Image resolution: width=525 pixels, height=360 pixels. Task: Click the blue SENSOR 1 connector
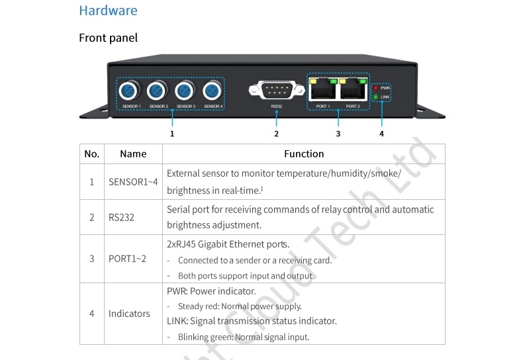click(x=129, y=91)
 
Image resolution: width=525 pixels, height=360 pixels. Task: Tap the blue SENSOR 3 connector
click(x=185, y=91)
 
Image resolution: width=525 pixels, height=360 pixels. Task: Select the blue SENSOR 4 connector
click(x=213, y=91)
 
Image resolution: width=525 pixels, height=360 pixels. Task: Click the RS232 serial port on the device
click(x=277, y=89)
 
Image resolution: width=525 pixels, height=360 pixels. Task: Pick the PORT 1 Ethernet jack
click(x=323, y=89)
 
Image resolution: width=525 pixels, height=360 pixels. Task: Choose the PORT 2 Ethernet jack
click(x=354, y=89)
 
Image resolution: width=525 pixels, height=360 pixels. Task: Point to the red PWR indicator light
click(x=375, y=88)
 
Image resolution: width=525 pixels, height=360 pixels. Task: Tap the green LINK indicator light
click(x=375, y=97)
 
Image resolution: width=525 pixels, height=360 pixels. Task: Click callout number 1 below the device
click(x=172, y=134)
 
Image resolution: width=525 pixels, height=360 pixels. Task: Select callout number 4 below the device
click(x=381, y=134)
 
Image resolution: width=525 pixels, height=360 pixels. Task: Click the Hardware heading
click(x=108, y=11)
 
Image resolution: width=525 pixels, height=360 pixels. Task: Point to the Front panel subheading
click(x=108, y=38)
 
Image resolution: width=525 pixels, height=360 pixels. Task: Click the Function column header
click(x=304, y=154)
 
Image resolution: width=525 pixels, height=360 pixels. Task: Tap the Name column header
click(x=133, y=154)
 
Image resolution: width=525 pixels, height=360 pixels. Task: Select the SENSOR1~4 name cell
click(x=133, y=182)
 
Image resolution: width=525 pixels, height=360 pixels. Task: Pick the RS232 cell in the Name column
click(x=121, y=218)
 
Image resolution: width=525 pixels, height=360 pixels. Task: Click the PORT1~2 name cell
click(x=127, y=259)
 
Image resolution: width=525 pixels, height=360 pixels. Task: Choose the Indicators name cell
click(x=129, y=314)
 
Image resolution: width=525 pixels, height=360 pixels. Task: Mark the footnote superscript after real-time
click(x=262, y=189)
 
